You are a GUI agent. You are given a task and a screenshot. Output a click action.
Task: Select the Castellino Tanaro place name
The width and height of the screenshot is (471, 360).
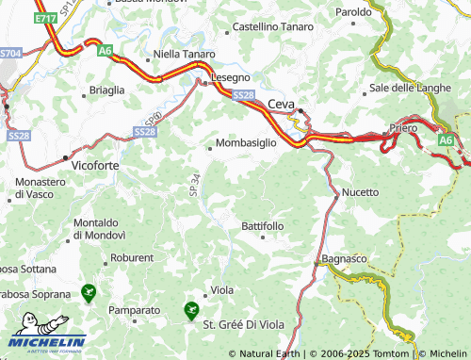[274, 26]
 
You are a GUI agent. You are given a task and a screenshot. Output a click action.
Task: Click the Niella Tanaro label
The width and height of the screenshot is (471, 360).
[184, 55]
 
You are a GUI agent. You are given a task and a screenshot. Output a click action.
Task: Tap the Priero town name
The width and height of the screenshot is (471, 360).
[402, 127]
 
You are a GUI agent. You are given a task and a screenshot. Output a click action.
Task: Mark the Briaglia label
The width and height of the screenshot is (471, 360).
[106, 90]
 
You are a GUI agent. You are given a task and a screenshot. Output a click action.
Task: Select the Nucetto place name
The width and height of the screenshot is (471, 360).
[361, 192]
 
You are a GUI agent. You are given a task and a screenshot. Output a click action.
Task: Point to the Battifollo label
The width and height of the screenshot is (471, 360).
[262, 227]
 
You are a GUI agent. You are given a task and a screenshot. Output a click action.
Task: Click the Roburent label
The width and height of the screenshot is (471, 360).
[132, 257]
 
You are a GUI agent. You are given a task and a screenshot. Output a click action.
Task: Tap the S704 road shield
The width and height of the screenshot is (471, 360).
[9, 55]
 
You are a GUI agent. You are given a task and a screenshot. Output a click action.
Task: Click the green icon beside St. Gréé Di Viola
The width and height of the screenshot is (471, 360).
[191, 308]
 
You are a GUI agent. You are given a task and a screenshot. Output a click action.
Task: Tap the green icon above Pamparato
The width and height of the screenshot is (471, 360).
[89, 293]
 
